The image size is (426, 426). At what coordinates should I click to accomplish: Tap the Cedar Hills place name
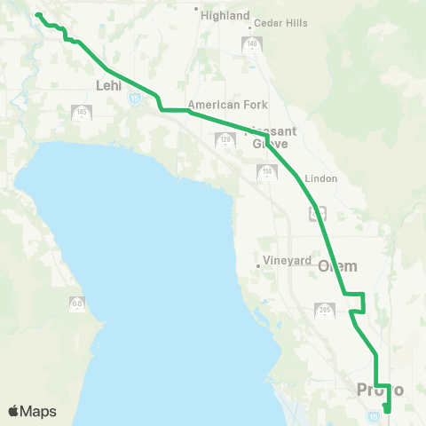click(280, 23)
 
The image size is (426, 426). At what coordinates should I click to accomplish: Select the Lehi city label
click(107, 86)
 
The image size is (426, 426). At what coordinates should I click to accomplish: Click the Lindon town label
click(320, 178)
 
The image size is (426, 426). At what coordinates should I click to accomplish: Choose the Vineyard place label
click(288, 262)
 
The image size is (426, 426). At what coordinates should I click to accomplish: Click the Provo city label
click(380, 390)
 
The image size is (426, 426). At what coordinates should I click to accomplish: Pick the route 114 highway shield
click(266, 170)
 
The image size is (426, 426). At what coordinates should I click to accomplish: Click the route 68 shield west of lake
click(77, 304)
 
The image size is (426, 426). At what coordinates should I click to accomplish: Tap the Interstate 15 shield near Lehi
click(134, 99)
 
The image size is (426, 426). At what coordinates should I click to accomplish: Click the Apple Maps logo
click(32, 411)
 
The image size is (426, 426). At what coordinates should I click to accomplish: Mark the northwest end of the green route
click(36, 15)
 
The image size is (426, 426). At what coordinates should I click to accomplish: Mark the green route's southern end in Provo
click(385, 409)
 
